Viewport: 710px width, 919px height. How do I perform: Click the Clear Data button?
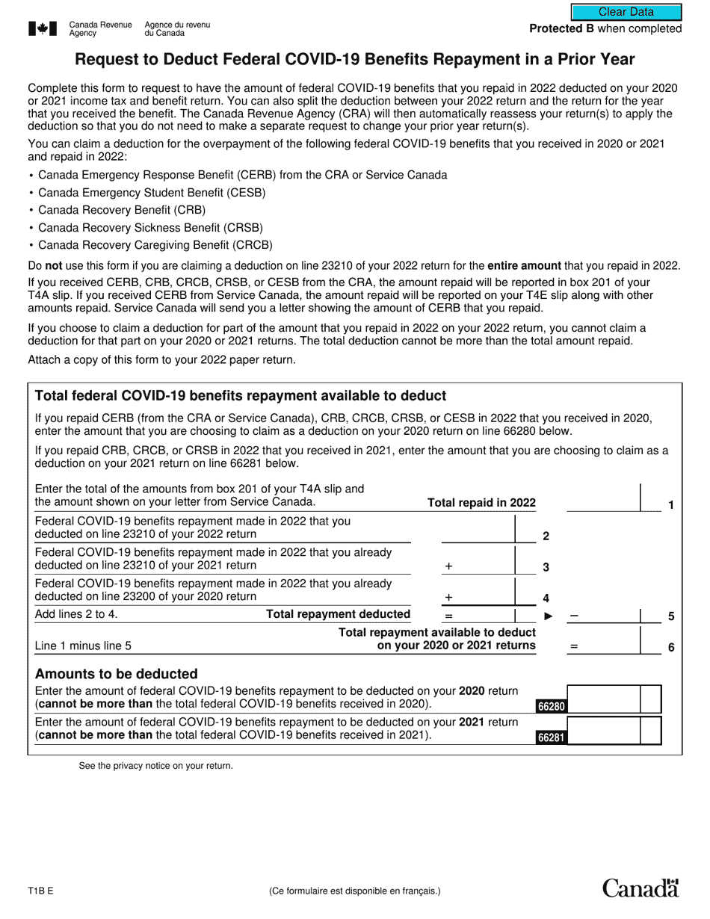tap(626, 12)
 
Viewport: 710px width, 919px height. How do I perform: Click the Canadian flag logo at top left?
tap(43, 28)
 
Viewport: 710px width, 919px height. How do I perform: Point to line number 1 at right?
tap(670, 505)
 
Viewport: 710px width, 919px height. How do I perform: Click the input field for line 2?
tap(478, 528)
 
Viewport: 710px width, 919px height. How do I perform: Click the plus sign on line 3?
tap(448, 567)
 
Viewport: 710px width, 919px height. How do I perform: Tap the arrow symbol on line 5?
tap(548, 616)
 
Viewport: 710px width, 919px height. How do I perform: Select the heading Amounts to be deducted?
tap(117, 674)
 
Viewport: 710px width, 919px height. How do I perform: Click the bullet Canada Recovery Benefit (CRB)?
tap(122, 210)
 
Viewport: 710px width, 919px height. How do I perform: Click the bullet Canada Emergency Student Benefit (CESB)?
tap(152, 193)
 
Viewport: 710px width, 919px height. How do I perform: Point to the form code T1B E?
tap(40, 891)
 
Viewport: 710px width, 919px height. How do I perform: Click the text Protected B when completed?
tap(605, 29)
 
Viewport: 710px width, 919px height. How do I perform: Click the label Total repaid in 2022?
tap(481, 503)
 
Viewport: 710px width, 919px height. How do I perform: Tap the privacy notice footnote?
tap(155, 766)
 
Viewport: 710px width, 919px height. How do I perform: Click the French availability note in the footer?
tap(355, 891)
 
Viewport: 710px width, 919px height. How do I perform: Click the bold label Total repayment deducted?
tap(339, 614)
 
